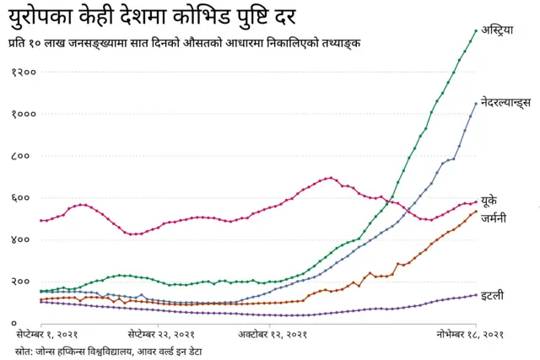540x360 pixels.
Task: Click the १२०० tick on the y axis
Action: (x=23, y=73)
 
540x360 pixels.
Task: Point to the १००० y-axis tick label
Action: (x=23, y=115)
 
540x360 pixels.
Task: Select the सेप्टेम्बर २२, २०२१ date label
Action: (x=161, y=335)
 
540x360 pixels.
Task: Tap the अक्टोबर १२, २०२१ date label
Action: (x=272, y=335)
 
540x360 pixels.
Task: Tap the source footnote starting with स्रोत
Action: (x=108, y=350)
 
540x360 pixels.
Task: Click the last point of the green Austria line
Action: (x=476, y=31)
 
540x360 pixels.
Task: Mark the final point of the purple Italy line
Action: (x=476, y=294)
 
